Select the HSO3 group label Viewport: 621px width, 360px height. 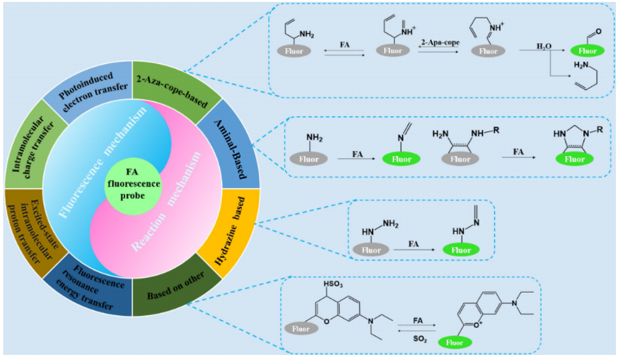pos(334,283)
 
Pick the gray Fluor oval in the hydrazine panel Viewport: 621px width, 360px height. pos(371,250)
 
